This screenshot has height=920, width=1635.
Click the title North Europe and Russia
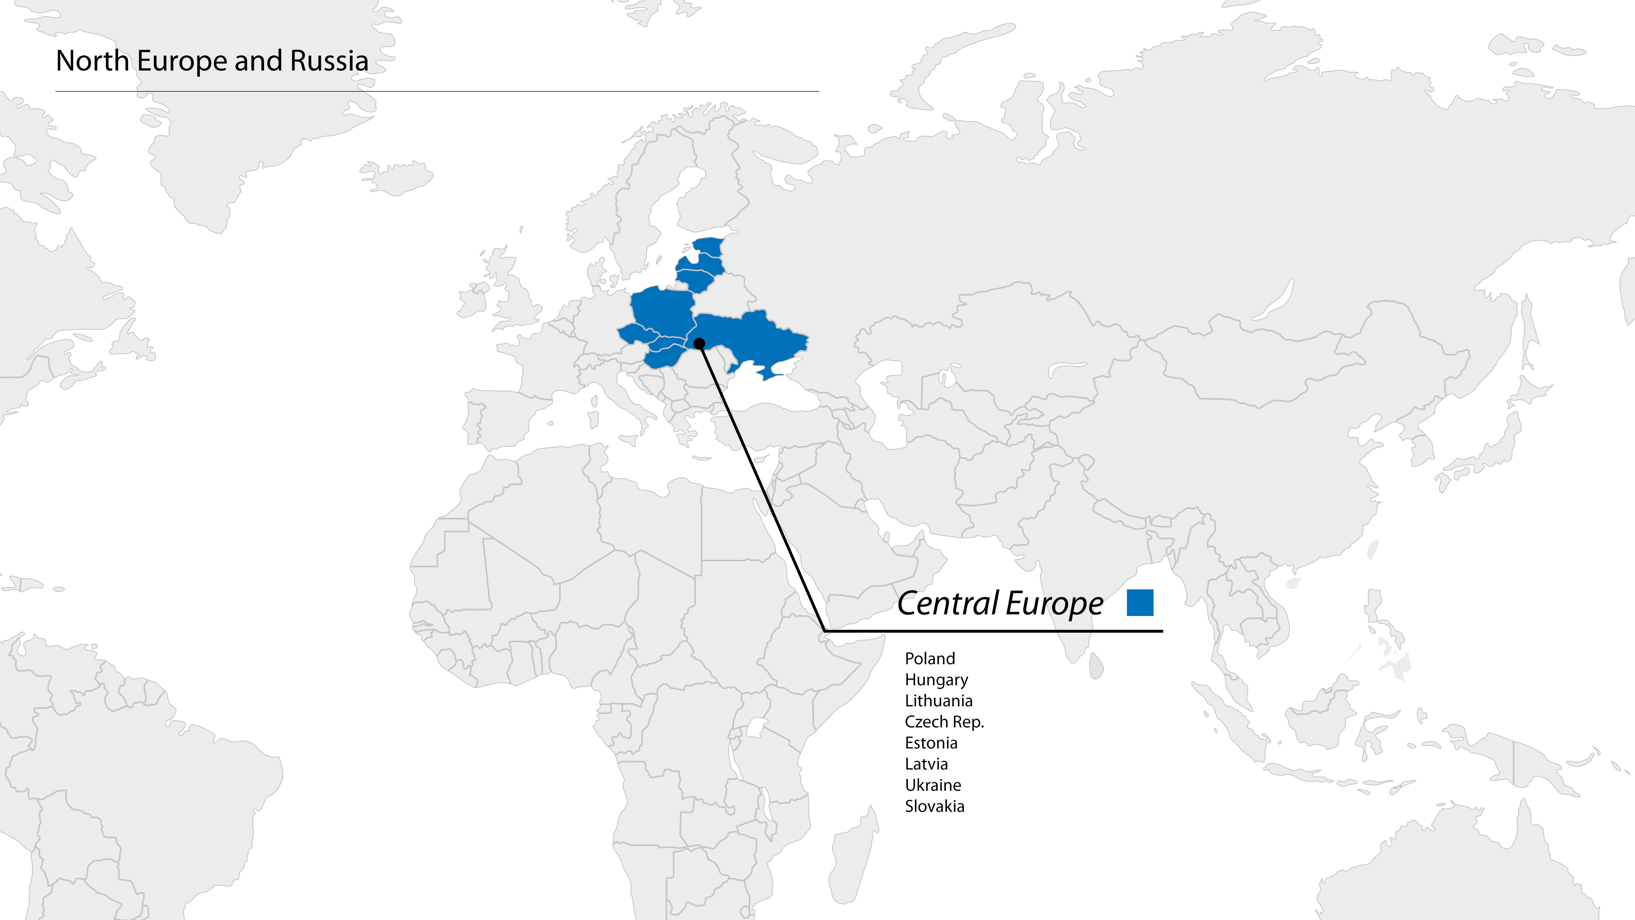[212, 61]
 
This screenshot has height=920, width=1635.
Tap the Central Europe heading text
[1000, 603]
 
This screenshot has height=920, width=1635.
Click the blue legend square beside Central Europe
[1140, 602]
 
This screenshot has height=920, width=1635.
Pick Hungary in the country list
[936, 680]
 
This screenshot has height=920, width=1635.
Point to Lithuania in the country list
[938, 701]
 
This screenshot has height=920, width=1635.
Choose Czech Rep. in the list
[944, 722]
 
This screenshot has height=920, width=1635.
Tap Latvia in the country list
[926, 764]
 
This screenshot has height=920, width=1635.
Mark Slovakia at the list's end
[934, 806]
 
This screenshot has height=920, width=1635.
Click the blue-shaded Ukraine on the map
[755, 337]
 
